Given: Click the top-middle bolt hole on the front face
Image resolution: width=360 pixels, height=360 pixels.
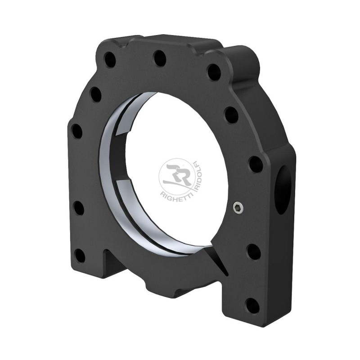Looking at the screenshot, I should click(x=159, y=58).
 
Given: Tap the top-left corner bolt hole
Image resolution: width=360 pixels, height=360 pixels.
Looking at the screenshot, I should click(x=109, y=59).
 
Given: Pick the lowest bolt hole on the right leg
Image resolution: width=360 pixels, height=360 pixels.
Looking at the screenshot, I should click(x=253, y=306).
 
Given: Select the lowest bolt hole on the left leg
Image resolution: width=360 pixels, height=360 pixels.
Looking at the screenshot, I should click(x=79, y=256).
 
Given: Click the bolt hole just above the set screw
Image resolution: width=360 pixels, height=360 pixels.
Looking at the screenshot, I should click(x=255, y=164).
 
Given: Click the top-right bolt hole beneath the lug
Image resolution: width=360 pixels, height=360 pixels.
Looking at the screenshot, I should click(x=214, y=72).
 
